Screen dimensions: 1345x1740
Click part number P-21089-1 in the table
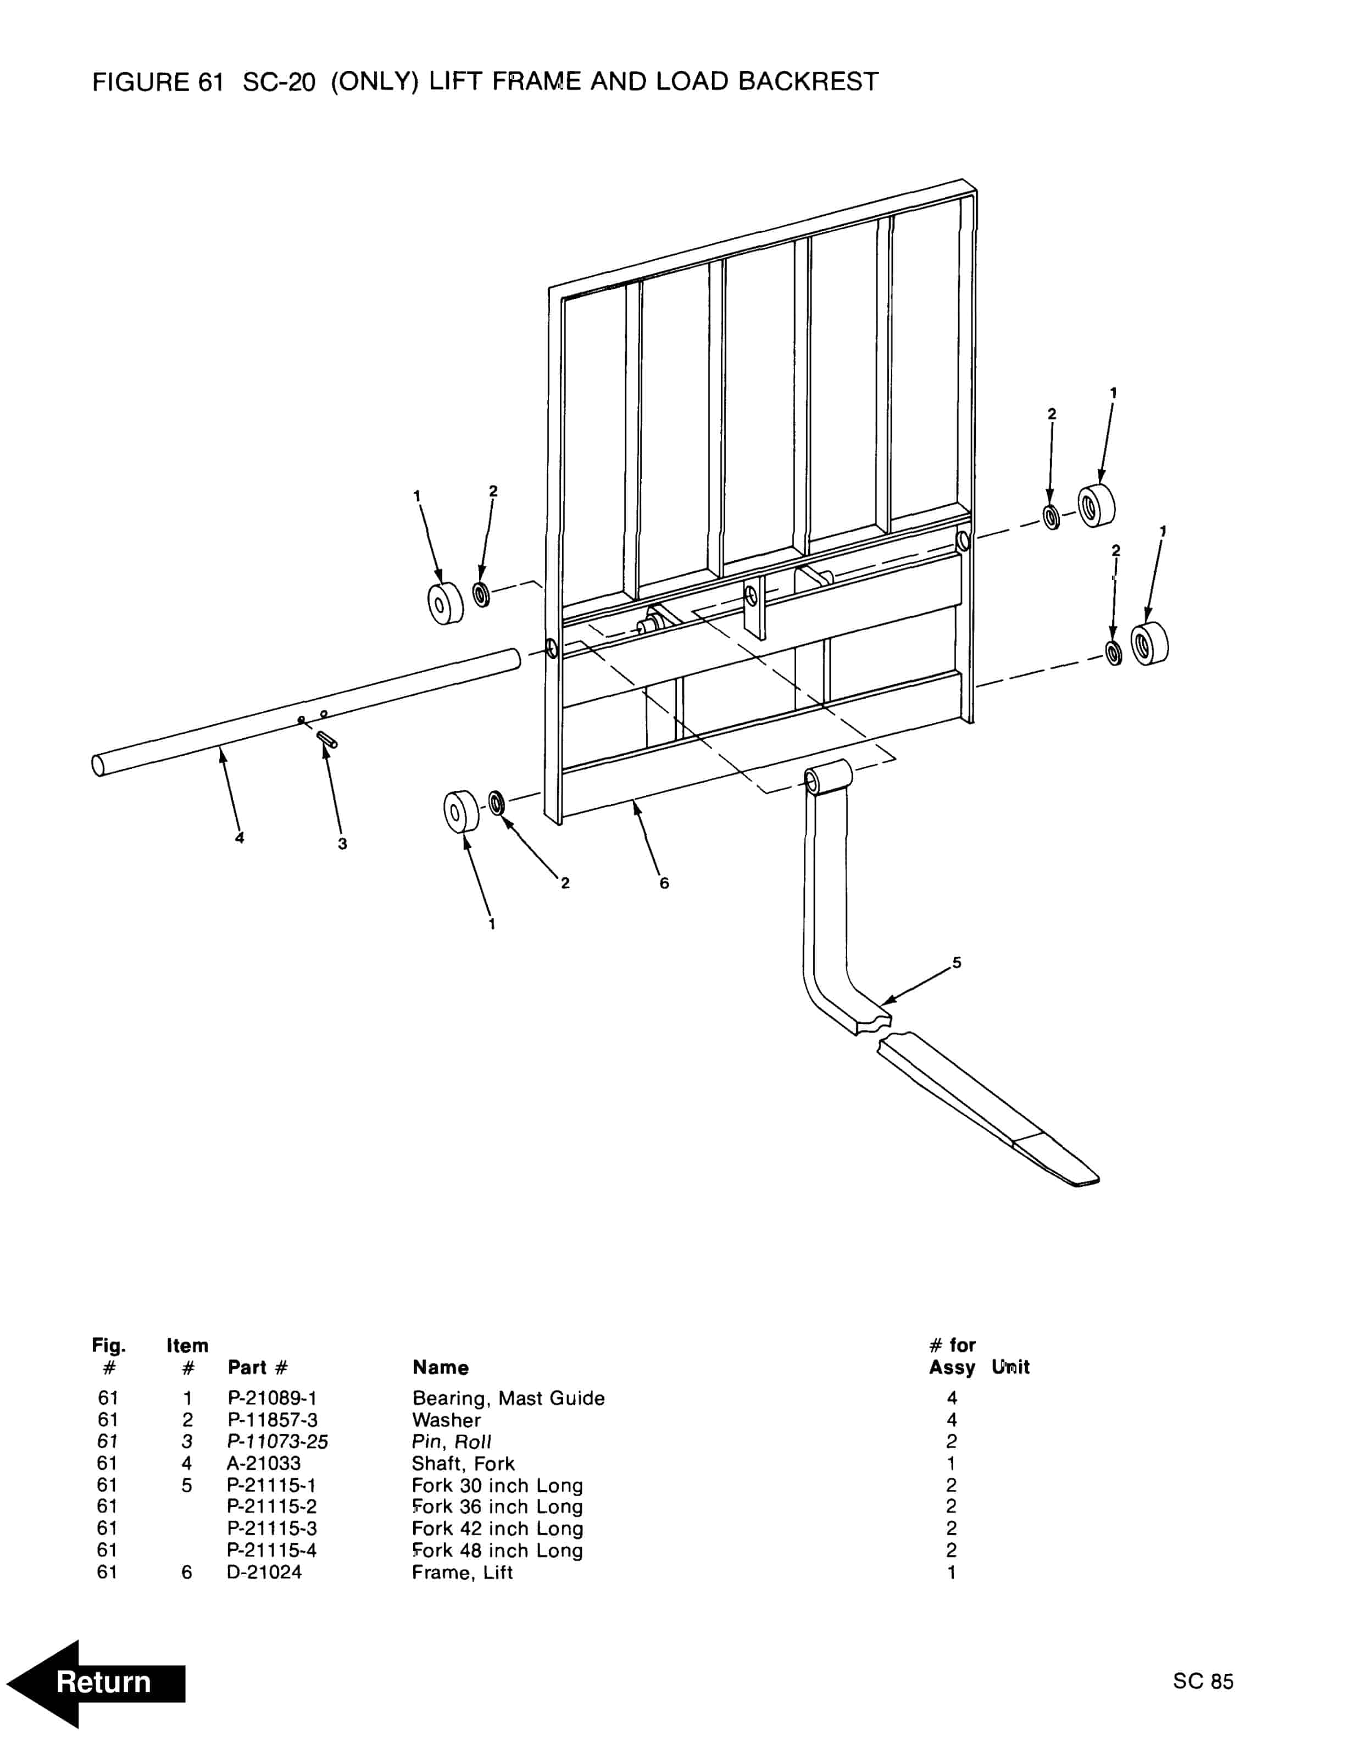[x=272, y=1398]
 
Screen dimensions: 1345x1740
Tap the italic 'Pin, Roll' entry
[x=451, y=1441]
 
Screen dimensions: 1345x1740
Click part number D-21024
[x=264, y=1572]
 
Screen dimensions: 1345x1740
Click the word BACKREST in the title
[x=808, y=81]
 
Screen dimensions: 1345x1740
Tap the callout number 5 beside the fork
[x=957, y=962]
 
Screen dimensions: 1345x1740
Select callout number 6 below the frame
[x=664, y=883]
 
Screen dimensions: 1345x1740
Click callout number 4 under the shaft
[x=239, y=838]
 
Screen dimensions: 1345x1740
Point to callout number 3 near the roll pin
[x=343, y=844]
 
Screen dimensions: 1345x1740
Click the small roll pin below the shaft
[x=327, y=739]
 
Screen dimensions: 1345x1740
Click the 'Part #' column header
[x=257, y=1367]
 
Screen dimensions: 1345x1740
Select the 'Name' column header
[x=440, y=1367]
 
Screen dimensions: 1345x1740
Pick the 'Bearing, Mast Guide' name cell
[x=508, y=1398]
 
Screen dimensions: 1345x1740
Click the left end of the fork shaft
[x=98, y=765]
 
